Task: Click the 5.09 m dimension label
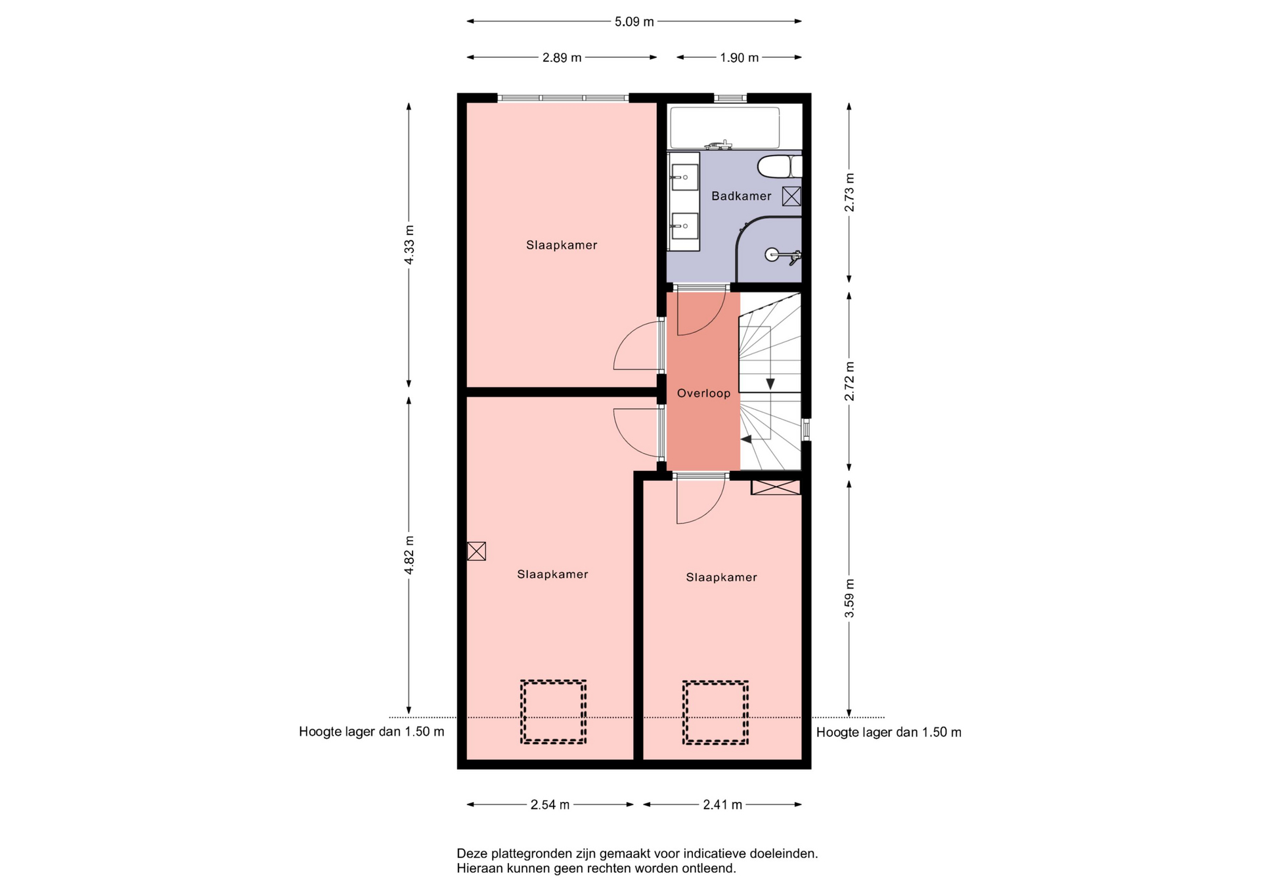point(634,22)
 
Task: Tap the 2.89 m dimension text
point(562,58)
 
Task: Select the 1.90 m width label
point(739,58)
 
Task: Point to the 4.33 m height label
point(409,245)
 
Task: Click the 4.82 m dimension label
point(409,555)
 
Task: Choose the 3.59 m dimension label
point(849,598)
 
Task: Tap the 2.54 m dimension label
point(550,805)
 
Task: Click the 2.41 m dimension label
point(722,805)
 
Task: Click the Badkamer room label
point(741,196)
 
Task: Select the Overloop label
point(703,393)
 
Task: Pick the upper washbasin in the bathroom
point(684,177)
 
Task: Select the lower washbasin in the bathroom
point(684,226)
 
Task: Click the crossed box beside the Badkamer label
point(791,196)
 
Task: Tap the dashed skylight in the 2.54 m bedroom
point(553,712)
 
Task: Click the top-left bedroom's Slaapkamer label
point(562,245)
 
